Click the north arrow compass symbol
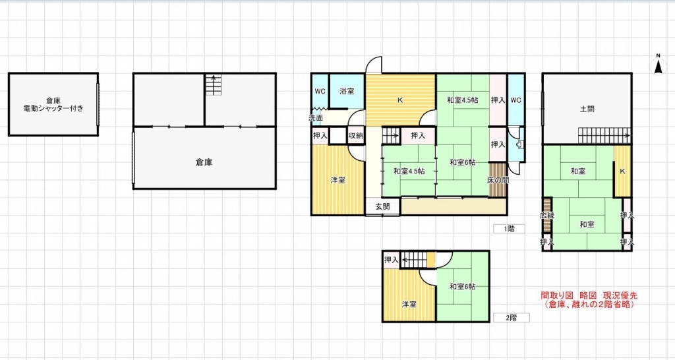pyautogui.click(x=657, y=64)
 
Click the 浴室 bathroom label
pyautogui.click(x=347, y=91)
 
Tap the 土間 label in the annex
pyautogui.click(x=587, y=109)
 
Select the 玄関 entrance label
pyautogui.click(x=383, y=206)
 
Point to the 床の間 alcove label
pyautogui.click(x=498, y=179)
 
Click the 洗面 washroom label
pyautogui.click(x=316, y=118)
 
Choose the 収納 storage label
pyautogui.click(x=356, y=136)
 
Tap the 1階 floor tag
pyautogui.click(x=510, y=229)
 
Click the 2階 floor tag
pyautogui.click(x=511, y=317)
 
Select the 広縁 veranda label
pyautogui.click(x=546, y=216)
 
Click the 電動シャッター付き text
pyautogui.click(x=53, y=108)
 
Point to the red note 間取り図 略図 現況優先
pyautogui.click(x=589, y=296)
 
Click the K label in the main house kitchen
pyautogui.click(x=399, y=101)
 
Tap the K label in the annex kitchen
pyautogui.click(x=622, y=171)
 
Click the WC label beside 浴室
pyautogui.click(x=320, y=91)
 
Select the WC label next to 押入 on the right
pyautogui.click(x=515, y=100)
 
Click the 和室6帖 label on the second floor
pyautogui.click(x=463, y=286)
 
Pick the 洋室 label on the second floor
pyautogui.click(x=409, y=304)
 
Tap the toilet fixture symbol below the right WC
pyautogui.click(x=520, y=146)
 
